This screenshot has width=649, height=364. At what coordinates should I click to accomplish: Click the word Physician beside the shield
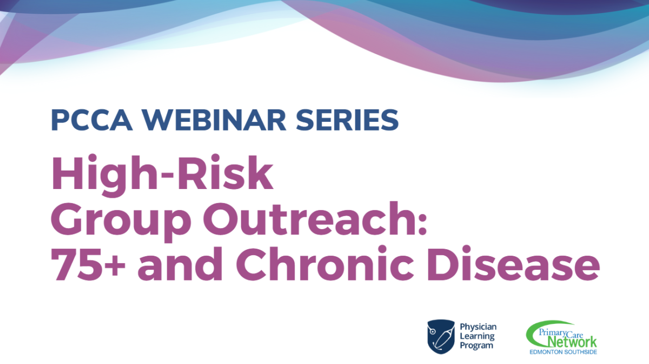478,327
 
